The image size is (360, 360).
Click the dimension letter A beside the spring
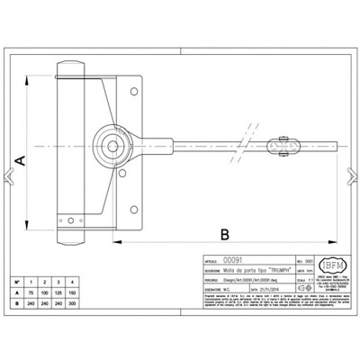[x=17, y=159]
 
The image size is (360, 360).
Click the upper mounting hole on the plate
[x=134, y=88]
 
